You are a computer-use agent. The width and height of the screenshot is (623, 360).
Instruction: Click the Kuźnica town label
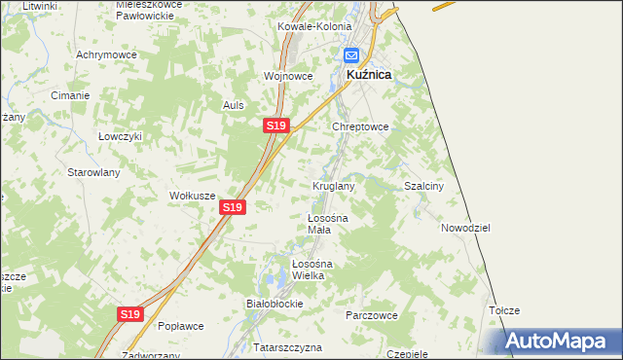[370, 74]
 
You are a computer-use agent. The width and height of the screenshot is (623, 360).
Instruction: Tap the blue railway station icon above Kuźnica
[351, 56]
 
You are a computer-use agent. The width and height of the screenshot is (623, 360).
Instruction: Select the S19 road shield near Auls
[275, 126]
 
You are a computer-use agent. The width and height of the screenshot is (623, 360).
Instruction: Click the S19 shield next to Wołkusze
[231, 207]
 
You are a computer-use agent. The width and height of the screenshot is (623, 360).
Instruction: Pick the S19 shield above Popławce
[131, 314]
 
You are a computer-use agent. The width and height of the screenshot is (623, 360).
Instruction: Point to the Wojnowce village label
[288, 75]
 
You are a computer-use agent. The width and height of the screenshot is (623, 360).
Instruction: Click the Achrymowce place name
[106, 54]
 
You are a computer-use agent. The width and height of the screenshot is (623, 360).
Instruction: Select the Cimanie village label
[71, 95]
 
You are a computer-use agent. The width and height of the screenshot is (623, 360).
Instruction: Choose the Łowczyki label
[121, 136]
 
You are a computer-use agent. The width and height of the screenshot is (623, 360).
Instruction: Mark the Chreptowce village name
[361, 126]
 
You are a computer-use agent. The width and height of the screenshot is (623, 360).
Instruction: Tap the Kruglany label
[333, 185]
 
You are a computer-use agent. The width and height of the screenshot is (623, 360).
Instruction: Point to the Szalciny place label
[423, 186]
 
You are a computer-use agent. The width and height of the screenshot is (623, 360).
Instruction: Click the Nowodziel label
[464, 227]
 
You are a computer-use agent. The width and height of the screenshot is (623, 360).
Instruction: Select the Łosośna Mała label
[327, 224]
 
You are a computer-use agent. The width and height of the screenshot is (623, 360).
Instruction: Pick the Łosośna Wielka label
[313, 270]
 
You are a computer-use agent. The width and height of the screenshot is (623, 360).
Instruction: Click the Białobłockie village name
[275, 304]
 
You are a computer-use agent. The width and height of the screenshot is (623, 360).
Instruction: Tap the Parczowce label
[372, 315]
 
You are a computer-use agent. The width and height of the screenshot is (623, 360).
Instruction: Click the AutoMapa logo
[561, 342]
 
